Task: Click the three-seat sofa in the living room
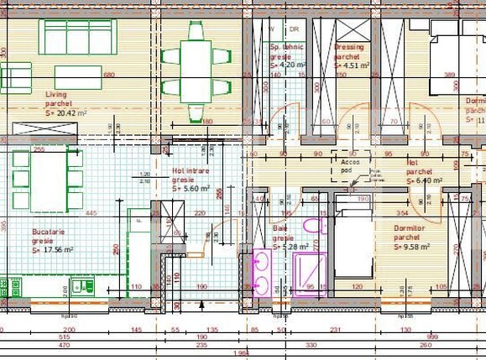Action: coord(79,37)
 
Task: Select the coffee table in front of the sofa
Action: coord(78,77)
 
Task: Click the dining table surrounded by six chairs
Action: coord(196,70)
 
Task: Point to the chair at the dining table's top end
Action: coord(196,31)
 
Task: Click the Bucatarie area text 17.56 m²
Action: coord(55,249)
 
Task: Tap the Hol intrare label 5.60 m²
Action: coord(191,189)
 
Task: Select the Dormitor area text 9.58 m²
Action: coord(412,247)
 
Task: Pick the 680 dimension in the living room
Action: coord(108,74)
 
